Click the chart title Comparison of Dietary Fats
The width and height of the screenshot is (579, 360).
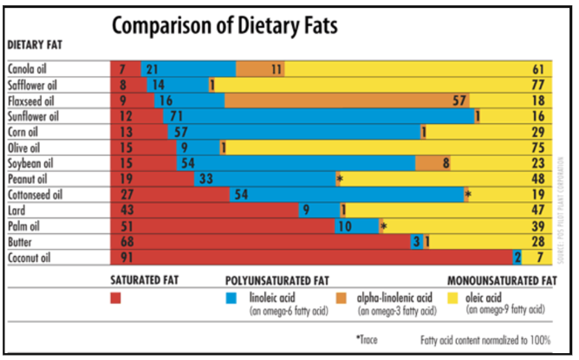pyautogui.click(x=224, y=25)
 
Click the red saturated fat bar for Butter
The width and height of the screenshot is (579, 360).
pyautogui.click(x=260, y=241)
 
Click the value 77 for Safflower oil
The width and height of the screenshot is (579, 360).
pyautogui.click(x=537, y=84)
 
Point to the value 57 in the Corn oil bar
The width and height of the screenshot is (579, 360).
pyautogui.click(x=182, y=131)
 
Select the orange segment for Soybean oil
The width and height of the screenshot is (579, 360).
pyautogui.click(x=433, y=162)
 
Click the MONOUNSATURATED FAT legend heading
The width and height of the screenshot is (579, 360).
pyautogui.click(x=501, y=281)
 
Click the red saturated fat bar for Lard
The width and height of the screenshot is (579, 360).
pyautogui.click(x=204, y=209)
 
